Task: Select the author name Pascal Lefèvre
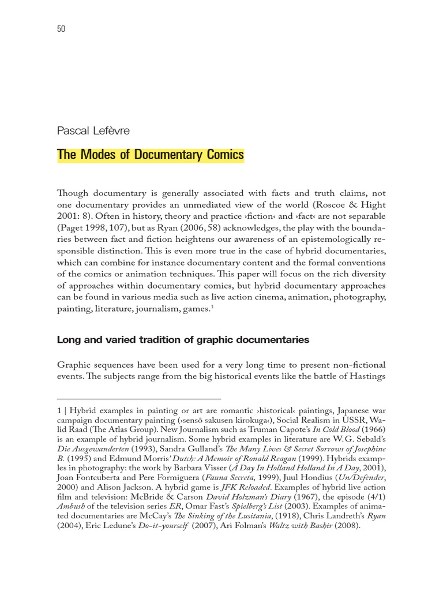point(93,130)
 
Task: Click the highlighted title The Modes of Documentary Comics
point(151,155)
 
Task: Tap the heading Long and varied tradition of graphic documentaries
point(183,340)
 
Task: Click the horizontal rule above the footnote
point(139,398)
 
